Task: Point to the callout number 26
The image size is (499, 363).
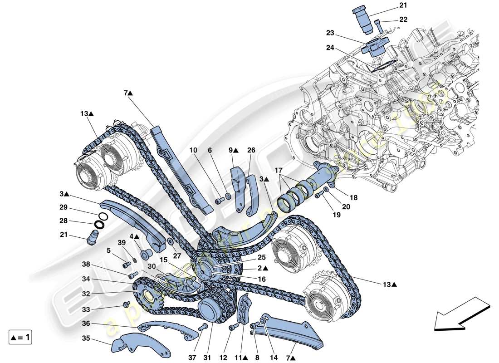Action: coord(251,150)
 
